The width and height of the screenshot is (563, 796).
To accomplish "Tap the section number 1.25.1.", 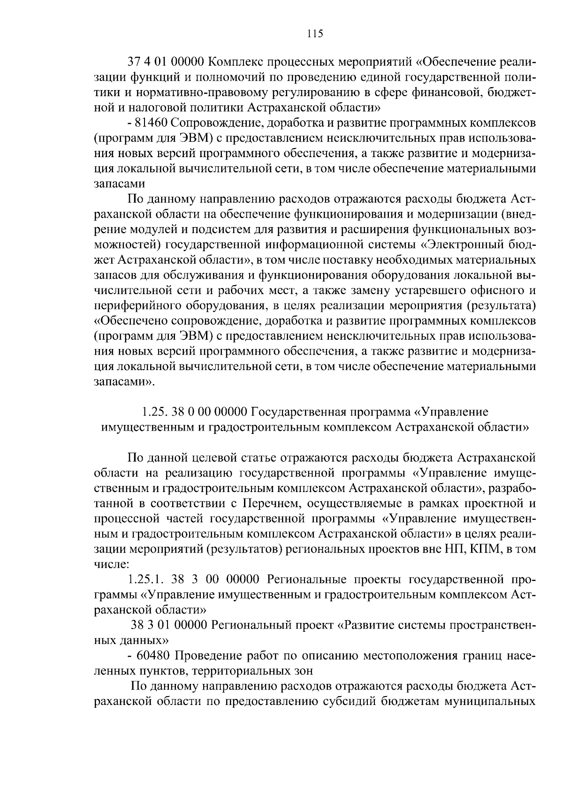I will [x=146, y=580].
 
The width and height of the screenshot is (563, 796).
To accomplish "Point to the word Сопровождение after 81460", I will [x=212, y=123].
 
